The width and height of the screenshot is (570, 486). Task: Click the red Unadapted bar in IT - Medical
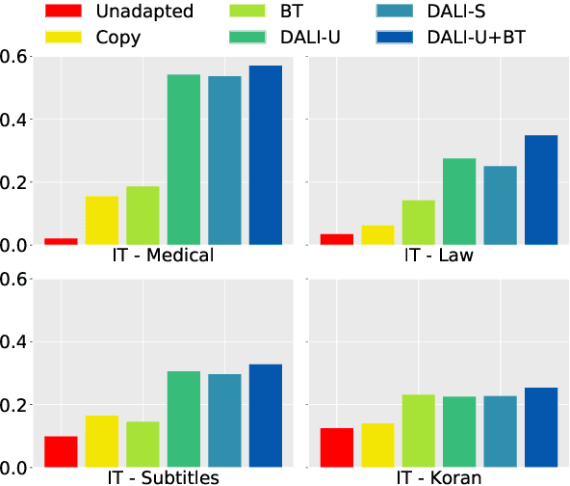click(x=62, y=241)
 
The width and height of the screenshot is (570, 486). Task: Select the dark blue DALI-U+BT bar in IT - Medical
click(x=266, y=155)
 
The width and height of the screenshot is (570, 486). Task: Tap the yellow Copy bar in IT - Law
click(x=377, y=235)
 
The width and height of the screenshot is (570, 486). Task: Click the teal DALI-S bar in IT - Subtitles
click(x=225, y=420)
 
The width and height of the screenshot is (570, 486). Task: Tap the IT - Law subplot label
click(x=439, y=256)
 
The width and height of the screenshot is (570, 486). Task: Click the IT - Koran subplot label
click(x=439, y=477)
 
